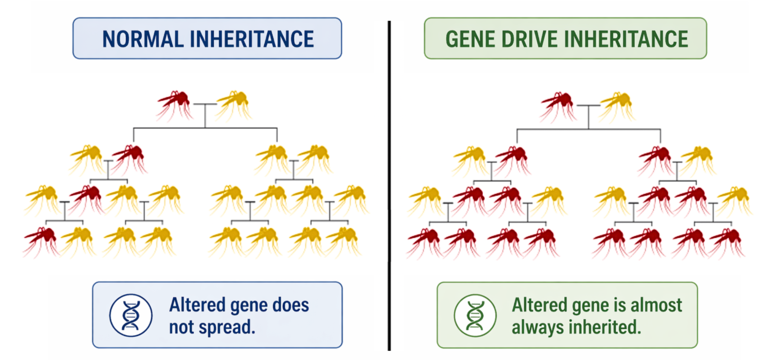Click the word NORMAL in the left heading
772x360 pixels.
(x=143, y=39)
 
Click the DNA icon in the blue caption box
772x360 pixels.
(x=131, y=315)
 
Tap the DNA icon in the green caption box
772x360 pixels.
(x=475, y=315)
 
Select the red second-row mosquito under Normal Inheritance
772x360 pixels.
(x=130, y=159)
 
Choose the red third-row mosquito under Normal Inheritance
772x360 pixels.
(x=87, y=200)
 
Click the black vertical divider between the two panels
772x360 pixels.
(x=389, y=185)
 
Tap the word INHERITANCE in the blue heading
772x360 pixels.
(x=252, y=39)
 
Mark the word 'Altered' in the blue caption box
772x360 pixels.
(x=197, y=305)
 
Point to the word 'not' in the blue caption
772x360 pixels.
(x=182, y=327)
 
